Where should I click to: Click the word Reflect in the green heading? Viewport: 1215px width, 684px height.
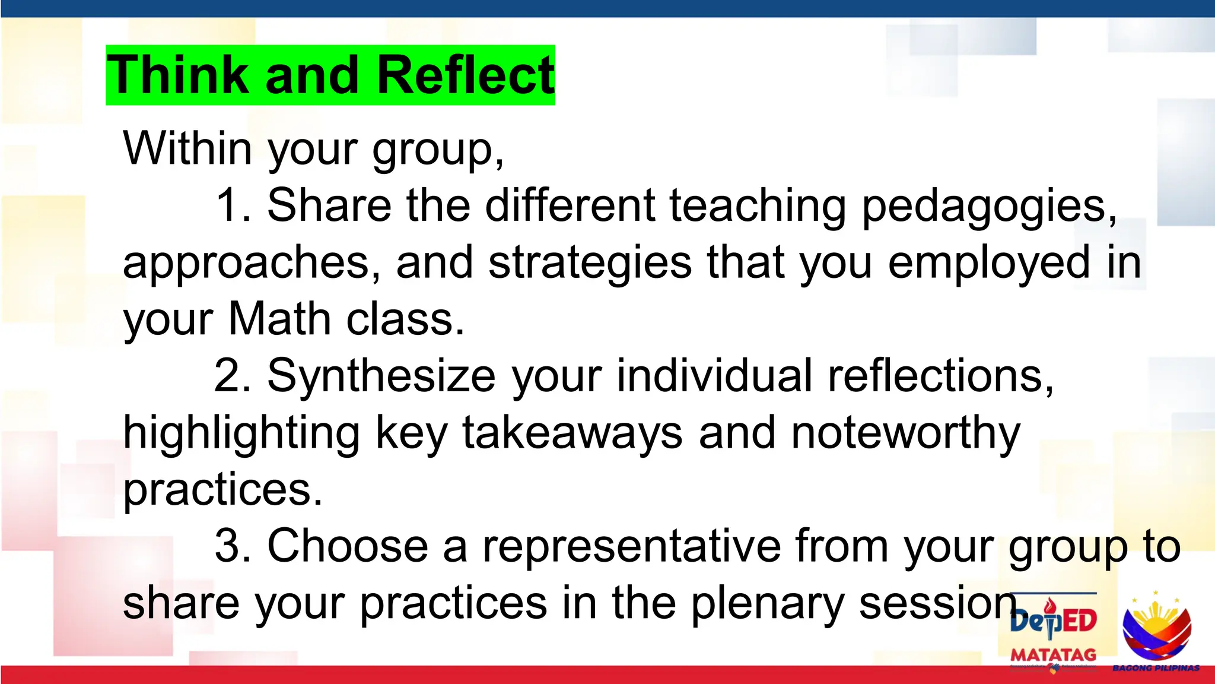tap(465, 75)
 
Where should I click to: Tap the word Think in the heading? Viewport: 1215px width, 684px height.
tap(177, 75)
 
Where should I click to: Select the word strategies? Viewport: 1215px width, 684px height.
tap(590, 262)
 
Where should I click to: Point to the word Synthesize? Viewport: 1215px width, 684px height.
tap(381, 376)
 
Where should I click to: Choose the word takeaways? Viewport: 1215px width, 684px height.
tap(572, 433)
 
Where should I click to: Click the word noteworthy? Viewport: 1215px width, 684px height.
tap(905, 433)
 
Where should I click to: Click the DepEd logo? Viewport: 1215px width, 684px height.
tap(1054, 621)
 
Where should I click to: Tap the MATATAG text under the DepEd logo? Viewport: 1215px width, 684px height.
tap(1053, 655)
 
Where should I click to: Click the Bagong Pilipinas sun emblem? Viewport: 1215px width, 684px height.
tap(1156, 626)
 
